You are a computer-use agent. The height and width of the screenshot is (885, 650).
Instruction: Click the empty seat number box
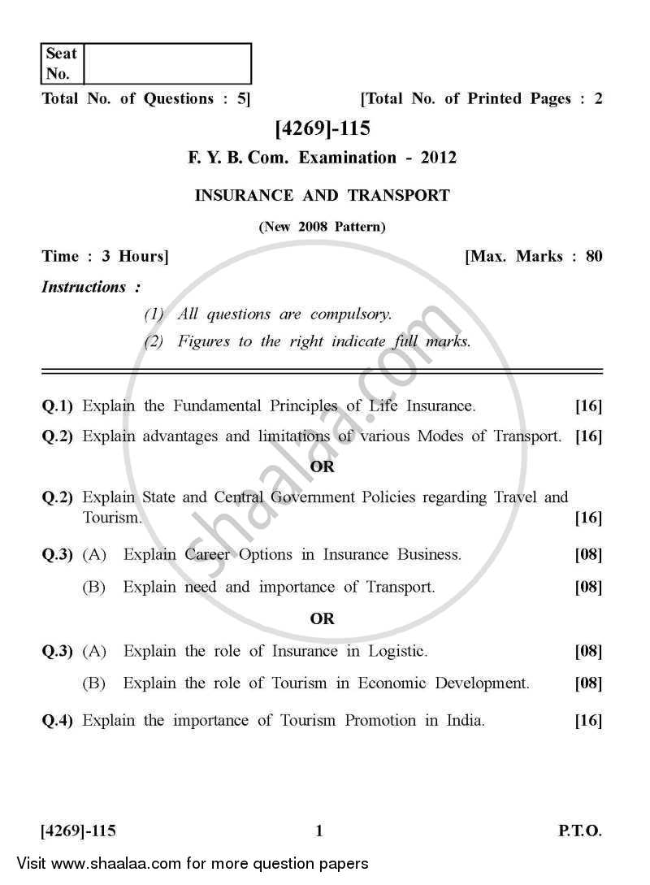tap(167, 63)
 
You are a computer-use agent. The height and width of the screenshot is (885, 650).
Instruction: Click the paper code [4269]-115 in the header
tap(323, 128)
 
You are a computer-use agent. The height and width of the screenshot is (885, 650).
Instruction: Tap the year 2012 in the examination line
tap(438, 158)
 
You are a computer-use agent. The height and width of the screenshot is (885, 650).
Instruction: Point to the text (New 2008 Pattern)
tap(323, 227)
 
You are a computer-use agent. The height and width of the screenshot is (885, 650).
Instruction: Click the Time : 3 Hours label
tap(105, 257)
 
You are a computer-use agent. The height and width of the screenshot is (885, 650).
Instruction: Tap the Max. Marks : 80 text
tap(534, 257)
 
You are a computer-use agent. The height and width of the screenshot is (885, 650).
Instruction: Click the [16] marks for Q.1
tap(588, 406)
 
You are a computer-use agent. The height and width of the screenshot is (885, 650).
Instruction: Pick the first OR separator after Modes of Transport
tap(323, 466)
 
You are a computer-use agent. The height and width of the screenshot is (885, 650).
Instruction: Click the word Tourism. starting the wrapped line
tap(112, 517)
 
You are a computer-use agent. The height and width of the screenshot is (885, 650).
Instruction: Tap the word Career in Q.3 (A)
tap(206, 555)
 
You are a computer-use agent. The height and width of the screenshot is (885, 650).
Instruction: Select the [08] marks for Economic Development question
tap(588, 683)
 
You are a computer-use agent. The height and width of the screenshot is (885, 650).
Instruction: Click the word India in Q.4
tap(465, 720)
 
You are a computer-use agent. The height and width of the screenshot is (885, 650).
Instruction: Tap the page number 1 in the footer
tap(319, 831)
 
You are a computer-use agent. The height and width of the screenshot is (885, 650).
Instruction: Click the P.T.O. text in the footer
tap(579, 831)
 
